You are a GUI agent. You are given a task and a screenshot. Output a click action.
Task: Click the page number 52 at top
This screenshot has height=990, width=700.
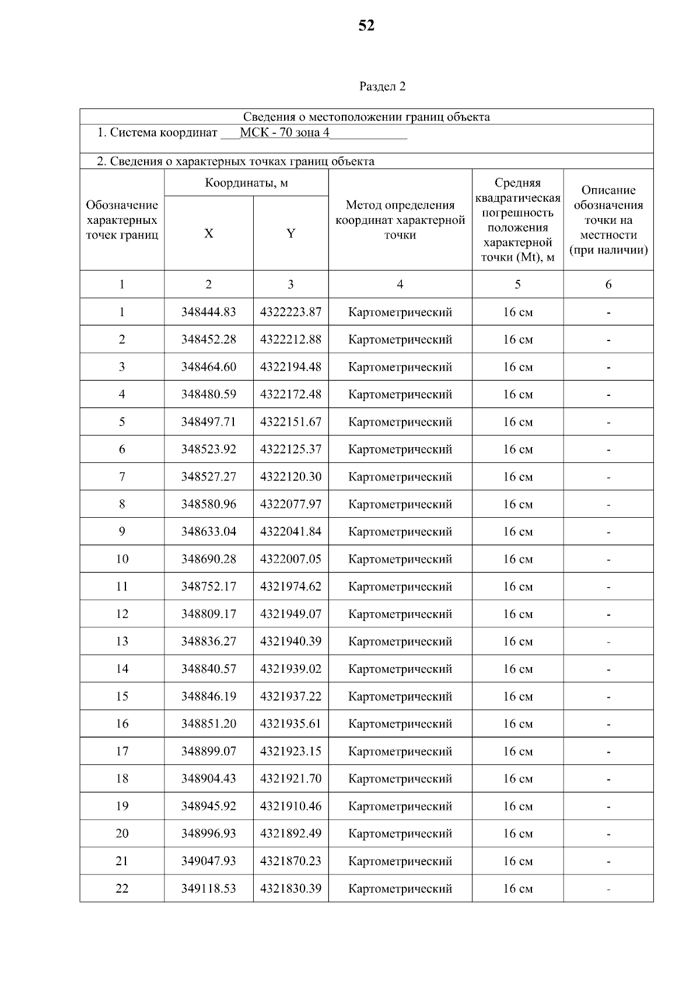(366, 26)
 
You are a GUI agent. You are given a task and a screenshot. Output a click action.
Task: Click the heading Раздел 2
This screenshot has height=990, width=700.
(382, 86)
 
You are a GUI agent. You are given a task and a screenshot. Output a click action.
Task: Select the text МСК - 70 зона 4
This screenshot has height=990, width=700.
(284, 132)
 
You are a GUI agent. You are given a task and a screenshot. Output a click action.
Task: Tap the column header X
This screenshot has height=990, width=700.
(208, 233)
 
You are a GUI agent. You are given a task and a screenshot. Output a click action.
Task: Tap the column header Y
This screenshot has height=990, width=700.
(290, 233)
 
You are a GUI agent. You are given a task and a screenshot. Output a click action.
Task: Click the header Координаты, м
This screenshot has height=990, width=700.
(246, 183)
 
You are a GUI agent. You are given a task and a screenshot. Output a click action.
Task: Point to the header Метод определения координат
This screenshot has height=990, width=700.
(400, 220)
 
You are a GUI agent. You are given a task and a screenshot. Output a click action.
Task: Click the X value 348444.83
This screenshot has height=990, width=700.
(208, 312)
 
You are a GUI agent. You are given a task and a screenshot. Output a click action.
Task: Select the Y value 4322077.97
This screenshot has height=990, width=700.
(290, 504)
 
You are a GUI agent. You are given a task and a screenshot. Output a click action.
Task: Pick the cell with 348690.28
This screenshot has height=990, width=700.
(208, 559)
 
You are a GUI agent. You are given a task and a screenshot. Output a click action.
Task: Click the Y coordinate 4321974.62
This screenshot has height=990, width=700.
(290, 586)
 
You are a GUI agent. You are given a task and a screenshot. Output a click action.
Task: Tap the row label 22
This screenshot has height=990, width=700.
(121, 888)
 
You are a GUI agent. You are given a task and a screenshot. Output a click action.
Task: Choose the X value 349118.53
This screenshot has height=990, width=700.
(208, 888)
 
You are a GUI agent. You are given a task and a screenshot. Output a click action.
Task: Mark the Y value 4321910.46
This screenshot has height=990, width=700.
(290, 806)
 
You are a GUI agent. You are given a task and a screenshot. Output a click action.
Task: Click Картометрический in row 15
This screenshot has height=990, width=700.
(400, 696)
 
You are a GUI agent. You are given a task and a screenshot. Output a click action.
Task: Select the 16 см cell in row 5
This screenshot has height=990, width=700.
(517, 422)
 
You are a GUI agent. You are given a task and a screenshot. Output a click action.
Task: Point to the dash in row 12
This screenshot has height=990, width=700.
(608, 614)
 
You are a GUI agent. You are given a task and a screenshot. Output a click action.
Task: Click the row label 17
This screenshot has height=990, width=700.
(121, 751)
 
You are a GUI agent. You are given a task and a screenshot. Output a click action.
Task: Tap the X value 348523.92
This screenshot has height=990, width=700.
(208, 449)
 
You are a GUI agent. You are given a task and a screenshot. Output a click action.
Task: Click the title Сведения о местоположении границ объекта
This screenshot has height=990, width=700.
(366, 117)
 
